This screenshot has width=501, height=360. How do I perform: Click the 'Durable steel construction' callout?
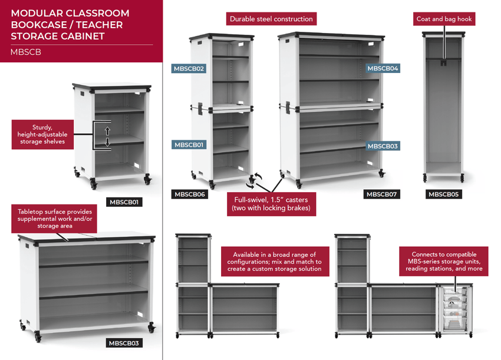pos(272,19)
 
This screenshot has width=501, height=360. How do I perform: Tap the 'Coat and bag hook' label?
pos(444,19)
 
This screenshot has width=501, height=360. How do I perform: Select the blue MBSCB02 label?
pos(189,68)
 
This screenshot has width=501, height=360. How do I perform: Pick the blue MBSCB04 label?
pos(383,68)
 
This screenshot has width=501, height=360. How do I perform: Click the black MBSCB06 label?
pos(189,194)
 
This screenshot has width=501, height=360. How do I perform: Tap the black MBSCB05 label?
pos(444,194)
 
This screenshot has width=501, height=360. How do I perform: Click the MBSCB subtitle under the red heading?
pos(25,52)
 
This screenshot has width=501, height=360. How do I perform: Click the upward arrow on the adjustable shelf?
pos(107,131)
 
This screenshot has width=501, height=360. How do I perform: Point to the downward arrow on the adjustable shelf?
pos(107,143)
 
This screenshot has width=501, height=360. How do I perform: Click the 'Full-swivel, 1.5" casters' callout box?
pos(271,203)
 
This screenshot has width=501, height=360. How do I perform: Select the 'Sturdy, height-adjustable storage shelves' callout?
pos(42,135)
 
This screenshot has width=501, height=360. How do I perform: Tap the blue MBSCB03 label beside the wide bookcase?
pos(383,146)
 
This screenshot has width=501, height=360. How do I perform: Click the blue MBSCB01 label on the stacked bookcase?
pos(189,144)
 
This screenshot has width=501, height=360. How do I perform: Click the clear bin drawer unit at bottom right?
pos(455,309)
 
